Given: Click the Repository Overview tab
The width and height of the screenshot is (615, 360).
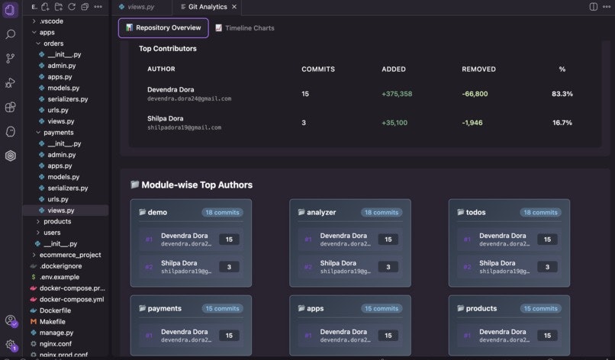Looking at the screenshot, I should pos(163,28).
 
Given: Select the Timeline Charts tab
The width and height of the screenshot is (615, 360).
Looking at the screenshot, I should pos(245,28).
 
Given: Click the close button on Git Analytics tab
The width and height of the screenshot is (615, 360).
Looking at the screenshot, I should pos(234,7).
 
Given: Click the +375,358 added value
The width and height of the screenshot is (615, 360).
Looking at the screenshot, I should pos(397,94).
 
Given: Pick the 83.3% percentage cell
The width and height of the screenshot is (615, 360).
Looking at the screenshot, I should pos(562,94).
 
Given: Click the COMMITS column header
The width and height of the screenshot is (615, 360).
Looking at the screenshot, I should pos(318,69).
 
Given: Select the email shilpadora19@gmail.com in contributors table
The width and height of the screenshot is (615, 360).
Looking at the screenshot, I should pos(184,127).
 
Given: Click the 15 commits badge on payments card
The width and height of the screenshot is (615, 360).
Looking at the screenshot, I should pos(222,309).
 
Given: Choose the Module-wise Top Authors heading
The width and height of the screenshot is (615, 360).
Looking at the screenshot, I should pos(196,185).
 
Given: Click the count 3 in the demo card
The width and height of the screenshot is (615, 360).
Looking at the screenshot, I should pos(229,267).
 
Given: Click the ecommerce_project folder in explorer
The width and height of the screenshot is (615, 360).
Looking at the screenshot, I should pos(69,255).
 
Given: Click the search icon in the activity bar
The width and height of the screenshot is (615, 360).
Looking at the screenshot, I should pos(11,34).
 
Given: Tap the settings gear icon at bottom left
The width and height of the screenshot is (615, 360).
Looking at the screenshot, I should pos(11,345).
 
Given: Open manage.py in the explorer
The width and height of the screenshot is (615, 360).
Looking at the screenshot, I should pos(56,333).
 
